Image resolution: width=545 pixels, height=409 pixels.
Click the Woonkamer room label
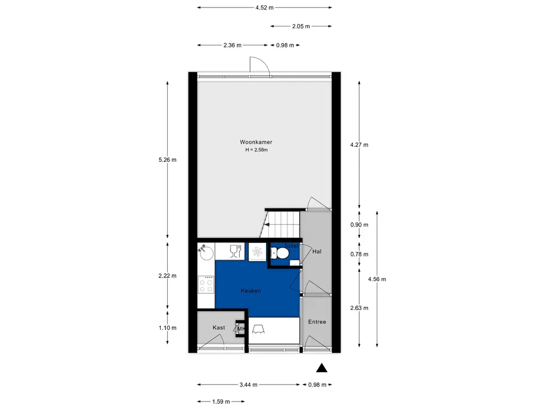pos(256,142)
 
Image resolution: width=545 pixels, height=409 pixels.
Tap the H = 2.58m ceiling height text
pos(257,150)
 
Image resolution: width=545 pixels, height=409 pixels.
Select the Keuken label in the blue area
pos(251,291)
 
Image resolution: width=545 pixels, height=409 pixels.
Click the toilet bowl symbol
pos(279,253)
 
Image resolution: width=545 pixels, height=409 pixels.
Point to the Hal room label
pos(317,251)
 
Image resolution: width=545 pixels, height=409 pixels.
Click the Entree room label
pos(317,322)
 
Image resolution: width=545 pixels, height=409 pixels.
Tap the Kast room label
pos(219,328)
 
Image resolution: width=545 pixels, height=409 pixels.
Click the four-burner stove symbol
pos(206,284)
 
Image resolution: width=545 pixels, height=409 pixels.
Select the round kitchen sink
pos(207,252)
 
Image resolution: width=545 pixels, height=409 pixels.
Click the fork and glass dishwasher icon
pos(235,251)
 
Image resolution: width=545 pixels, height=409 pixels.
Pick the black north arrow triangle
pos(321,368)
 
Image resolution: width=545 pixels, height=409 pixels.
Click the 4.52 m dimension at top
pos(265,7)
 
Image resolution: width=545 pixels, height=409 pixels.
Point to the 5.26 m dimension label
pos(168,160)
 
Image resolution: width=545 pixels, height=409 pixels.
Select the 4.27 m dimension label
pos(359,145)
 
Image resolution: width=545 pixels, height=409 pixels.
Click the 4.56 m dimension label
pos(377,279)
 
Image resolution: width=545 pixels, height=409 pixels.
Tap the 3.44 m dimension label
pos(249,385)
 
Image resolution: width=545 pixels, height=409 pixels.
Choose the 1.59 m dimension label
pos(221,402)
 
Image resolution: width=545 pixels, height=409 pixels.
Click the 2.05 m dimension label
pos(301,26)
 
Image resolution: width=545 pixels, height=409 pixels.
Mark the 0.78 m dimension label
pos(359,254)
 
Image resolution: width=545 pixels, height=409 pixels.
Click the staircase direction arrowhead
pos(267,225)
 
